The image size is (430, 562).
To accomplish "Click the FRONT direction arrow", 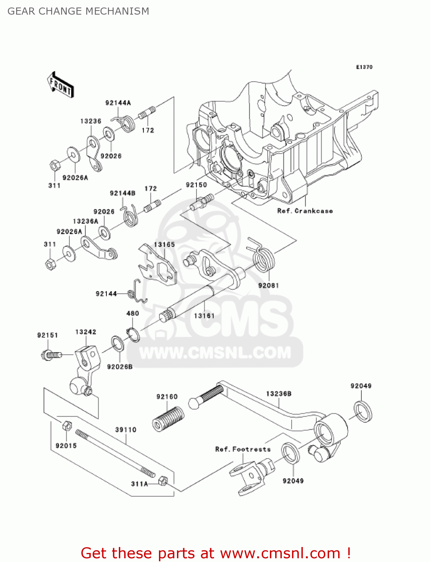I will click(60, 85).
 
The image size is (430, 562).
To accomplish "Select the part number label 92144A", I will click(118, 103).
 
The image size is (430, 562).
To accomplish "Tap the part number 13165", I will click(164, 245).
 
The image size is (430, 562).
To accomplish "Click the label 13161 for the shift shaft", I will click(204, 316).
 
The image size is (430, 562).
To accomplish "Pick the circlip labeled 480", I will click(133, 335).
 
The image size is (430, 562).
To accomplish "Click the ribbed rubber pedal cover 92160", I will click(168, 419).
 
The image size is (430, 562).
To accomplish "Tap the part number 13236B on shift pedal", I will click(279, 394).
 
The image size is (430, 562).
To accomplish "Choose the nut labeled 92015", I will click(67, 426).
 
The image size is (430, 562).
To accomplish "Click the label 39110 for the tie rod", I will click(126, 430).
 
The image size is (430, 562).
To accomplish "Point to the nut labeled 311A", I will click(163, 481).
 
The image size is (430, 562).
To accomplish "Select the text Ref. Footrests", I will click(243, 449).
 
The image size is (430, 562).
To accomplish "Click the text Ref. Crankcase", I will click(305, 211).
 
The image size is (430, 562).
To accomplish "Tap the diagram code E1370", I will click(364, 67).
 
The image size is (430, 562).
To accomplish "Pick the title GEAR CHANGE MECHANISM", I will click(78, 11).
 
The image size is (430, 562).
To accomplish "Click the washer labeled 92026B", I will click(118, 344).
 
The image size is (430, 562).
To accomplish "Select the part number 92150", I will click(196, 185).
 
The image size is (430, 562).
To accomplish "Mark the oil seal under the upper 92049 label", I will click(363, 411).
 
